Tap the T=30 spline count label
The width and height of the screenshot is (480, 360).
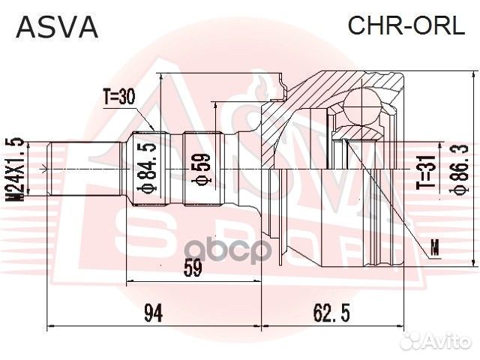121,96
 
